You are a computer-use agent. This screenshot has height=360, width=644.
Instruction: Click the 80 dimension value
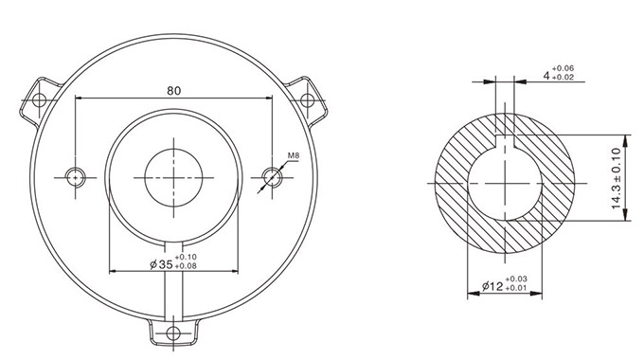173,91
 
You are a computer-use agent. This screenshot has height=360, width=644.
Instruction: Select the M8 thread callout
294,155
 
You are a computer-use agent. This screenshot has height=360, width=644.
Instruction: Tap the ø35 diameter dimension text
161,264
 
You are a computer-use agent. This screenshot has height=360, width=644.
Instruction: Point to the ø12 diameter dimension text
492,286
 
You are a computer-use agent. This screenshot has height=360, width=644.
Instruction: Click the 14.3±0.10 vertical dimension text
617,178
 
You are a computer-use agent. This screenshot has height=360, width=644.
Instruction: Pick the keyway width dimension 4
546,76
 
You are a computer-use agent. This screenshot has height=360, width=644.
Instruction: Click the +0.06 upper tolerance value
563,68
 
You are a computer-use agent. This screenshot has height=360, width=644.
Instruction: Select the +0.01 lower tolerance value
516,288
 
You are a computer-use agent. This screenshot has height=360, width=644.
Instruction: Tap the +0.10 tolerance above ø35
186,258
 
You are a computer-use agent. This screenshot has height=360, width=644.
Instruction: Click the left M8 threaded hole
75,177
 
